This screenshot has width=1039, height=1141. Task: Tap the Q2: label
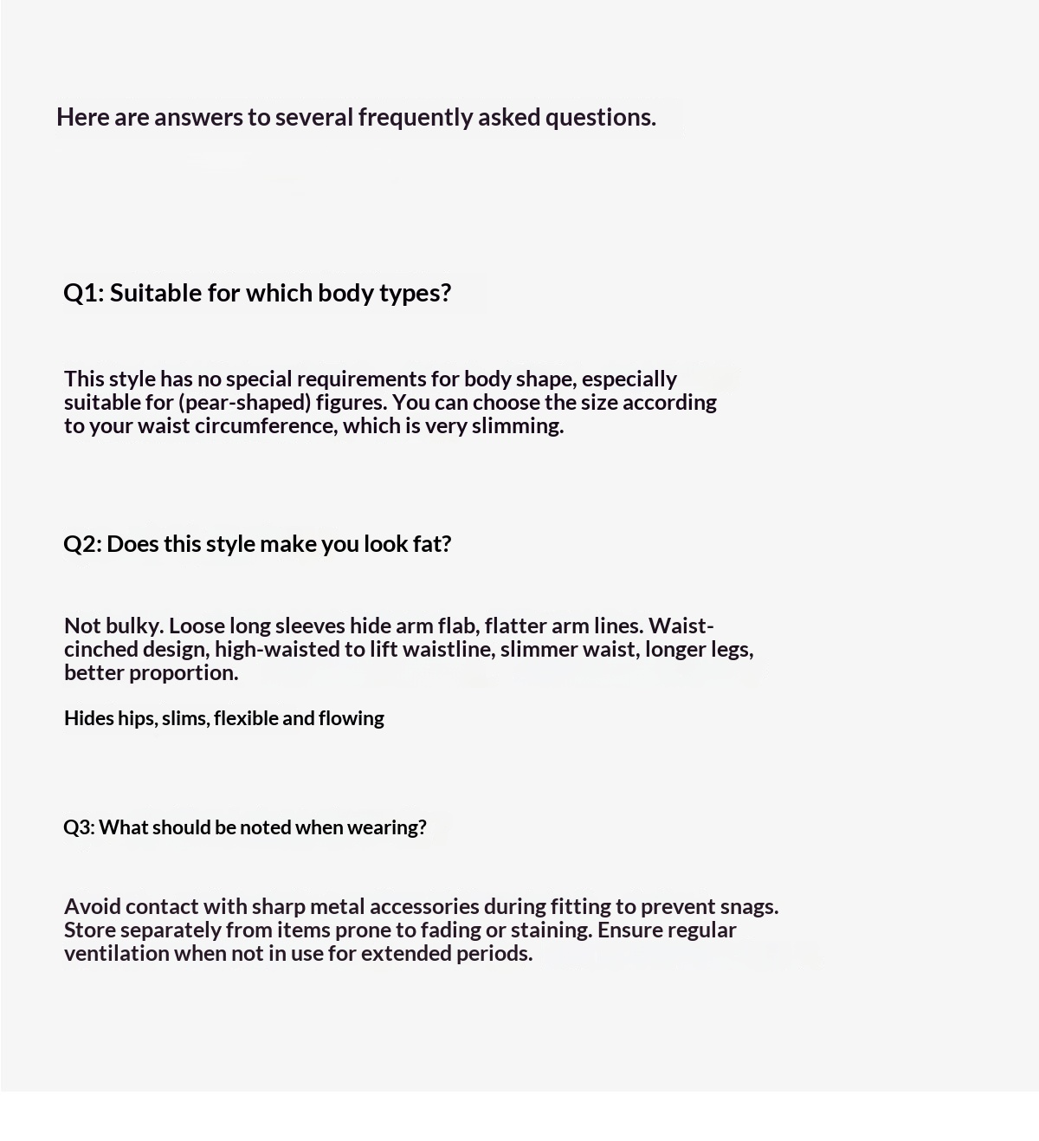tap(82, 543)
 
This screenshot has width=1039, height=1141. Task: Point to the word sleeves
tap(310, 626)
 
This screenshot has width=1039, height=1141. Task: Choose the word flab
tap(457, 626)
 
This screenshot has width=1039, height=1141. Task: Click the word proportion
tap(184, 672)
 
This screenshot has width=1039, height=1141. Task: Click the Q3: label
tap(79, 827)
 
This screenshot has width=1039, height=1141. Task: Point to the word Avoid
tap(93, 906)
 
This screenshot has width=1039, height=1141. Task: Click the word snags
tap(749, 906)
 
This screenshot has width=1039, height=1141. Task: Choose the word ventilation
tap(117, 953)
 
